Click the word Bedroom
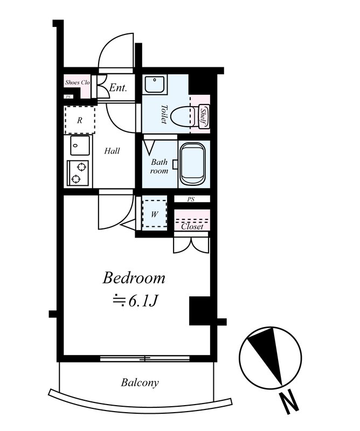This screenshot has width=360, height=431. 134,278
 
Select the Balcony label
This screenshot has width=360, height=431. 140,383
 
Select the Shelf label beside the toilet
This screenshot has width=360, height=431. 203,117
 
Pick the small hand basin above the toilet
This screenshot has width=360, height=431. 155,84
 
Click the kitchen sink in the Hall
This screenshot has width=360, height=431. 80,145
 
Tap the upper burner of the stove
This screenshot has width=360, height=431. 81,167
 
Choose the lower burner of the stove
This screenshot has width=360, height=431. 75,179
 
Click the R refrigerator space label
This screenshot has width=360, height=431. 80,120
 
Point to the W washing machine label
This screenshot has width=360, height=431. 154,214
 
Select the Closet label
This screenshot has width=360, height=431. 192,226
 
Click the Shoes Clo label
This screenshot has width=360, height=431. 77,82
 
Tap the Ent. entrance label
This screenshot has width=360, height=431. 118,88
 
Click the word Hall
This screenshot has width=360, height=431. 112,151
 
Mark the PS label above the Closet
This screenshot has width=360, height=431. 191,199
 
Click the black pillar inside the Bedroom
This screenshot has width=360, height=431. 200,311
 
